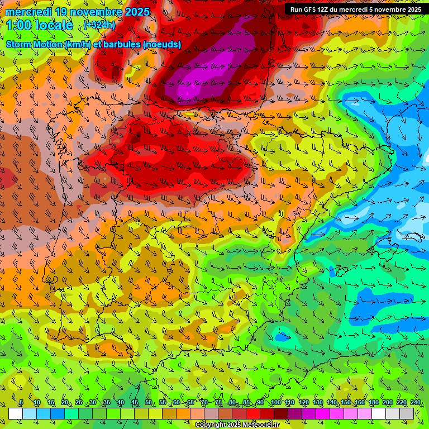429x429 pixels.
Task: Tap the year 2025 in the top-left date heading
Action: click(134, 12)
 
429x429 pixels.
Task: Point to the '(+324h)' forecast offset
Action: click(100, 25)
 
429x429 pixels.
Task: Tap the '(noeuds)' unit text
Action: click(162, 44)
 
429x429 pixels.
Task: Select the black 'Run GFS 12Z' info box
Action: click(356, 9)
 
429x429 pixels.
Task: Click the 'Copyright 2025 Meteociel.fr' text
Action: click(237, 425)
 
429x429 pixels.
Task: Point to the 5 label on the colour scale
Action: click(21, 403)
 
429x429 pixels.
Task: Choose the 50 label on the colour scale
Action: click(148, 403)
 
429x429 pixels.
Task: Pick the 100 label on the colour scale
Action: click(275, 403)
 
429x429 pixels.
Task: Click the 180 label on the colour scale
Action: click(373, 403)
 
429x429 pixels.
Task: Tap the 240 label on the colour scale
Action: click(415, 403)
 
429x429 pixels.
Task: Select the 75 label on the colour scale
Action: click(218, 403)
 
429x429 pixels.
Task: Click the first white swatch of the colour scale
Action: click(16, 413)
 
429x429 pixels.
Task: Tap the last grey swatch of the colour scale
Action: click(407, 413)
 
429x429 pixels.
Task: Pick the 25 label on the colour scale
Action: click(78, 403)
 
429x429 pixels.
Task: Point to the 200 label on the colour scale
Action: click(387, 403)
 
